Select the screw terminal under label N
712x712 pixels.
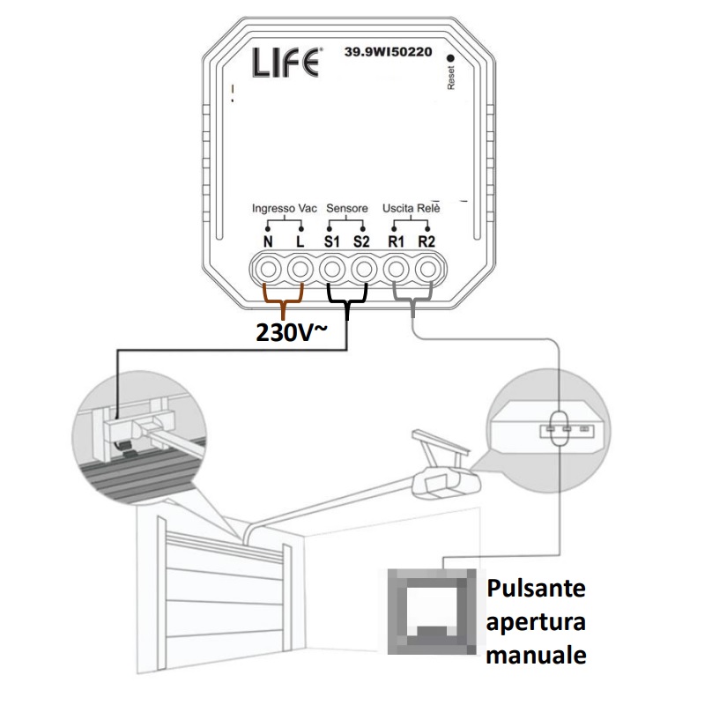[x=268, y=268]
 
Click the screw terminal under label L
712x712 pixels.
[x=300, y=268]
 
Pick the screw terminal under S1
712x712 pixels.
[x=332, y=268]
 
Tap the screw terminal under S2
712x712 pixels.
[x=364, y=268]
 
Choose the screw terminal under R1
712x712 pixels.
[x=397, y=268]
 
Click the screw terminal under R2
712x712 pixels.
[x=427, y=268]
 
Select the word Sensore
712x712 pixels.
[x=347, y=208]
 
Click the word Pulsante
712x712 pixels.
[x=537, y=588]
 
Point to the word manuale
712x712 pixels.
[x=537, y=656]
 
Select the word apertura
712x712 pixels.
[x=537, y=622]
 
